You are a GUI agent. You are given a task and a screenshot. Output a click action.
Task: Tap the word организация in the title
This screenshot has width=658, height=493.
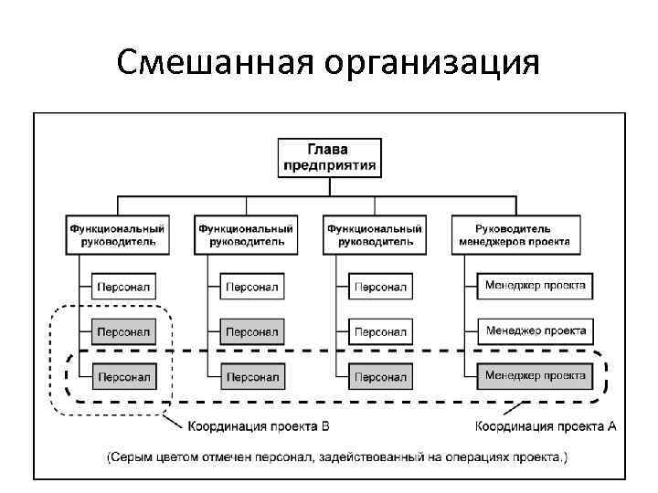click(430, 63)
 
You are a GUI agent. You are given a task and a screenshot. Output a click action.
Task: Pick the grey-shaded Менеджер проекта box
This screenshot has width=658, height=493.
click(536, 375)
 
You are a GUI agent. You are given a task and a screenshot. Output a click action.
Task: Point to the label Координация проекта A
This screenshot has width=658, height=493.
click(547, 426)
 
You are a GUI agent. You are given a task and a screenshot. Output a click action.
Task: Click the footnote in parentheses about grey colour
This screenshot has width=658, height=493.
click(335, 456)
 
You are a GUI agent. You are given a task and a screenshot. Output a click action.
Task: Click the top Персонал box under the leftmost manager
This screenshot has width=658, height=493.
click(124, 287)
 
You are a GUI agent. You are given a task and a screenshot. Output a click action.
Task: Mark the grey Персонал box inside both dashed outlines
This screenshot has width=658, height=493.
click(124, 376)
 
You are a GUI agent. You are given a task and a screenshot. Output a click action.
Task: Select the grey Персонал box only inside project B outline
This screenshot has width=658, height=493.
click(124, 330)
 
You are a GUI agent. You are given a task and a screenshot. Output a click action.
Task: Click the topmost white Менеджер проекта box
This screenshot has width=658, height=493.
click(536, 286)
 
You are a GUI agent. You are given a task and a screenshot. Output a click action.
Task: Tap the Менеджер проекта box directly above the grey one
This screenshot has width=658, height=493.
click(536, 330)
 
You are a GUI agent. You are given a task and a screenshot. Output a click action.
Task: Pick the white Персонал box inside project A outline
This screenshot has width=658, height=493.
click(380, 376)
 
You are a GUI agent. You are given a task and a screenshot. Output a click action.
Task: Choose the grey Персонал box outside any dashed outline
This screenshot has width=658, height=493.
click(252, 330)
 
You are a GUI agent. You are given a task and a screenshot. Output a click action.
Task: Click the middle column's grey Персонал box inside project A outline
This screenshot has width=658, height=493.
click(252, 376)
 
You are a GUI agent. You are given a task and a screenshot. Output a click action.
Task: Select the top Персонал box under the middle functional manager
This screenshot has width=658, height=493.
click(252, 287)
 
